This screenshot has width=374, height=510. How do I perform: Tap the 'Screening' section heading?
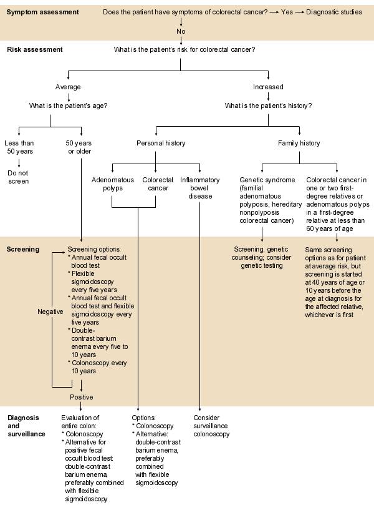pos(23,249)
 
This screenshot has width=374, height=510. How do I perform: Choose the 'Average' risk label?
pos(68,87)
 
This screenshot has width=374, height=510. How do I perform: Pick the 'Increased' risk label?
pos(268,87)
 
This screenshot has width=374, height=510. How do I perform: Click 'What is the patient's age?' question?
pos(68,105)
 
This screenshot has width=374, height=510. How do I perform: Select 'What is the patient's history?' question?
pos(268,105)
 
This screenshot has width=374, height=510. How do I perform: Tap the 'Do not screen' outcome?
pos(19,177)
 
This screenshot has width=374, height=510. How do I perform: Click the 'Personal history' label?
pos(161,143)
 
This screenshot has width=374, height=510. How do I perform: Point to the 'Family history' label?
pos(299,143)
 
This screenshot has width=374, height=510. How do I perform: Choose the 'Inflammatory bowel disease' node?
pos(199,188)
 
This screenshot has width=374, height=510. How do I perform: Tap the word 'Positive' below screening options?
pos(81,397)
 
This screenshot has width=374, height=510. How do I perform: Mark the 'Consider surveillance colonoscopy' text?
pos(211,426)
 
